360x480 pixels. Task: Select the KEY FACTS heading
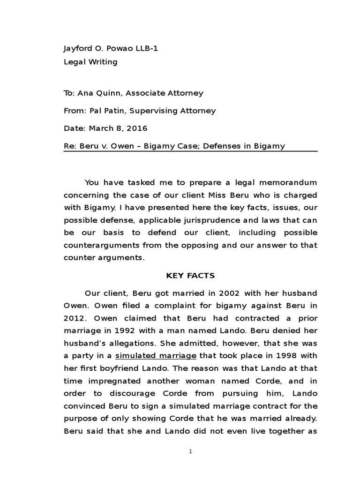pos(190,276)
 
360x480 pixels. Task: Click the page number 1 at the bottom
pos(190,451)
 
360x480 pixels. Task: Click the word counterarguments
pos(100,245)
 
